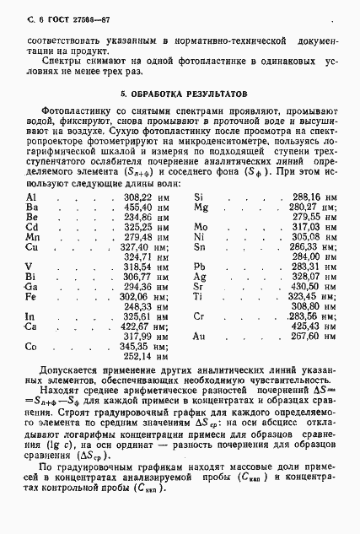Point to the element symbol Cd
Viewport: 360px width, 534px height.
[x=32, y=227]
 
